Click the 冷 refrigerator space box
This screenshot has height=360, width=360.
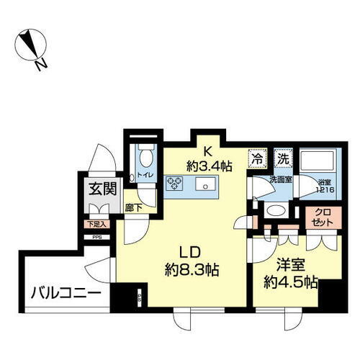click(256, 157)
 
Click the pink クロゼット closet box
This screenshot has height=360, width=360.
click(321, 218)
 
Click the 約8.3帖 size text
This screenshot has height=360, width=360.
click(190, 271)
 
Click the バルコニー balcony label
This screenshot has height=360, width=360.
click(65, 294)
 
